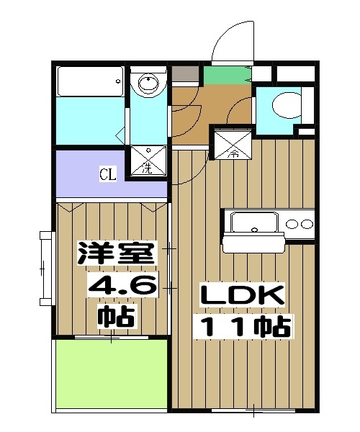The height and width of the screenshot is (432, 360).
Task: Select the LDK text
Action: tap(243, 296)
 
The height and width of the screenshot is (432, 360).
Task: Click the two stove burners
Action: tap(300, 222)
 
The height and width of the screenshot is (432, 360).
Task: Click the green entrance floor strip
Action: tap(225, 74)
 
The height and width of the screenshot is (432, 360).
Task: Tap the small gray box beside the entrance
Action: tap(186, 74)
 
